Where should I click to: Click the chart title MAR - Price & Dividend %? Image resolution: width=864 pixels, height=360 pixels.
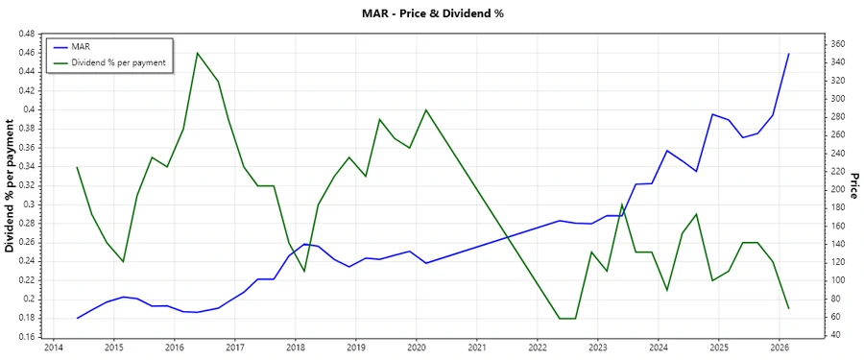(431, 13)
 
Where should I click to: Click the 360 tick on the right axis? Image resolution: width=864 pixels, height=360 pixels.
(837, 44)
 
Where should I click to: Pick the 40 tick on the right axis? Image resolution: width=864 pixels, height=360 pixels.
(834, 335)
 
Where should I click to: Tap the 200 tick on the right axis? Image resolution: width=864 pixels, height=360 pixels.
(837, 189)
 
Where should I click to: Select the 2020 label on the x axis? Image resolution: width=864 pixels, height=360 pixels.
(416, 348)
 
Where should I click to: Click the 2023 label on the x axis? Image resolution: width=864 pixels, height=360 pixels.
(598, 348)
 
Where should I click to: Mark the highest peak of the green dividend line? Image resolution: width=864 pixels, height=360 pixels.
(197, 53)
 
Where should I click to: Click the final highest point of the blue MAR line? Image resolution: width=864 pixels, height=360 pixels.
(789, 54)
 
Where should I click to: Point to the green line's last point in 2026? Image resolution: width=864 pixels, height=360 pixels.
(789, 308)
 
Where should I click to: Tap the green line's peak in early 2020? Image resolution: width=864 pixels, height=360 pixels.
(426, 109)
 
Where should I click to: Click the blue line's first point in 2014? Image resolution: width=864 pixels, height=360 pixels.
(77, 318)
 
